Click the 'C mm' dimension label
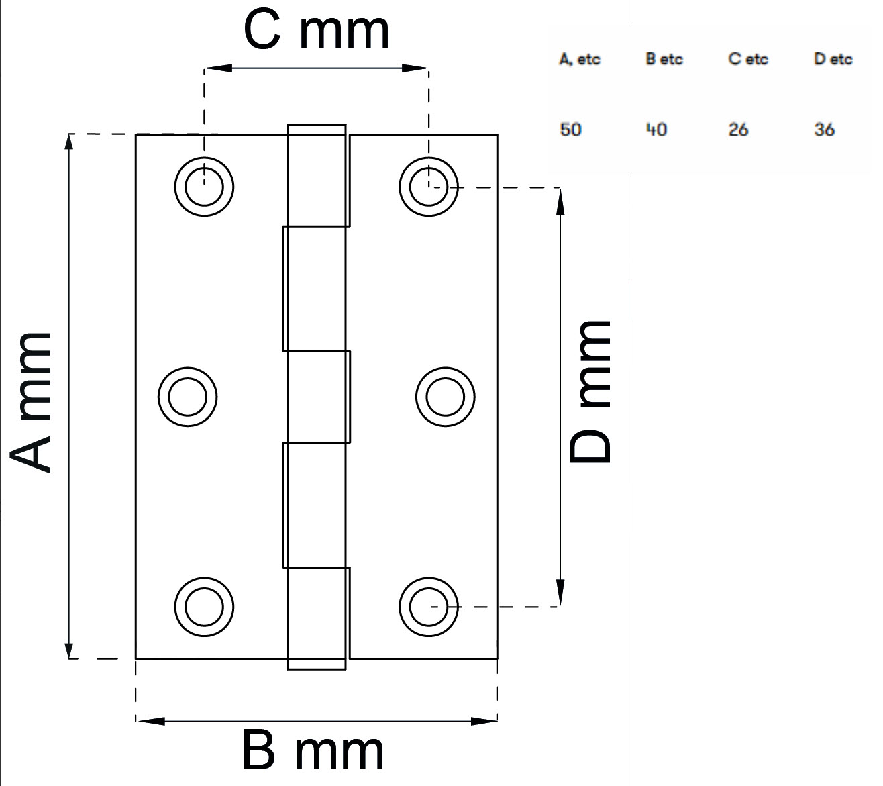point(316,31)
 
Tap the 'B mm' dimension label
point(313,752)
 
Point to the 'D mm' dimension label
point(590,392)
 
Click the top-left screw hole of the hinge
point(204,186)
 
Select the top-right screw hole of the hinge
point(428,186)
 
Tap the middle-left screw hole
point(188,397)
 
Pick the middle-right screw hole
point(445,397)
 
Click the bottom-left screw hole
point(204,606)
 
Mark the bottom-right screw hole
point(429,606)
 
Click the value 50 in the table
point(570,129)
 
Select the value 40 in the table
point(656,129)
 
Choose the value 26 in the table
point(738,129)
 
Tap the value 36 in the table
point(824,129)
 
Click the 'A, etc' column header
point(580,59)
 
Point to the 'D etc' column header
point(833,59)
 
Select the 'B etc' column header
point(664,59)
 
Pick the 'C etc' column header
point(748,59)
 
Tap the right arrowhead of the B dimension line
point(486,721)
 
